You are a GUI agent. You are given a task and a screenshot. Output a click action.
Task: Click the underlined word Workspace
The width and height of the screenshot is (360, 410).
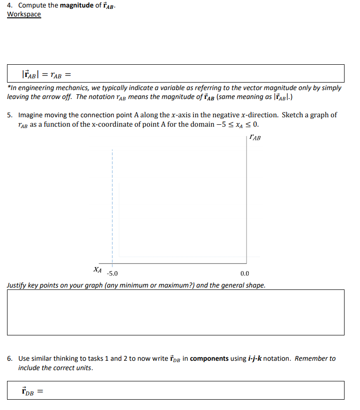(24, 15)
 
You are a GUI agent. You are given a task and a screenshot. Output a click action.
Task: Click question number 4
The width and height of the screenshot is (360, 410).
(10, 6)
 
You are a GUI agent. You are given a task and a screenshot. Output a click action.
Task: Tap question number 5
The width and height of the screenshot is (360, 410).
(10, 115)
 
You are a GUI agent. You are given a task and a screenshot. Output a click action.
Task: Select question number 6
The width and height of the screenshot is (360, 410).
(10, 359)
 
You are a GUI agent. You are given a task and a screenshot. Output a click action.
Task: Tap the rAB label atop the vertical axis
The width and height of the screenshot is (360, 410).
(255, 138)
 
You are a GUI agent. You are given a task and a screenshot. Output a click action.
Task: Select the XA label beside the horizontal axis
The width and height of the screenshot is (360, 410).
(97, 270)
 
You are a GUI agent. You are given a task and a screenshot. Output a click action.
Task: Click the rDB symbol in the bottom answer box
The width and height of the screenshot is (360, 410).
(28, 391)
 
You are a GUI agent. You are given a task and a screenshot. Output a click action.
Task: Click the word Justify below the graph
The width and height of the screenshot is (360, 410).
(17, 285)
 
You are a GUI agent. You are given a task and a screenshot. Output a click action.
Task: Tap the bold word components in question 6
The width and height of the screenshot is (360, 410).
(210, 359)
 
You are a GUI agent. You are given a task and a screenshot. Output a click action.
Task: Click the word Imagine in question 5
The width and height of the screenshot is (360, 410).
(32, 115)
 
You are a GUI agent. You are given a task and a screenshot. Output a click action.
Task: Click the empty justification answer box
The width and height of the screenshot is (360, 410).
(176, 312)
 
